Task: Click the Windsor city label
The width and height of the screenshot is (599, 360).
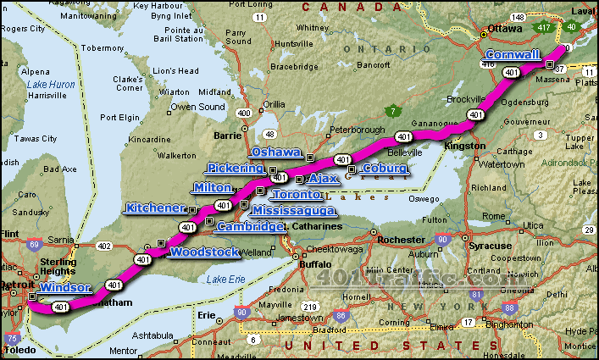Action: click(64, 289)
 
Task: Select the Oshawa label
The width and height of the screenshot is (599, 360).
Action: click(277, 152)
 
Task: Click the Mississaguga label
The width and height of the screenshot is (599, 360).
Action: click(293, 210)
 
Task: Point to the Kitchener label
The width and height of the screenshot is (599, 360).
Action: click(155, 208)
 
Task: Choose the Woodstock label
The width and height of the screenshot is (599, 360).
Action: click(205, 252)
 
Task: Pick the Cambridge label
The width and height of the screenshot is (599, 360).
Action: click(250, 227)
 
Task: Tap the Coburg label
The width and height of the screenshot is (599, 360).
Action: click(385, 169)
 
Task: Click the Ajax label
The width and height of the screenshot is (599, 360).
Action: click(324, 180)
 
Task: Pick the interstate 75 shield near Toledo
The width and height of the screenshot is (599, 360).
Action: click(13, 338)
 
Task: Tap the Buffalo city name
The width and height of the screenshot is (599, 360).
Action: click(316, 263)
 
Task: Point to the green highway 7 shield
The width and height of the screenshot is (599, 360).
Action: click(392, 110)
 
